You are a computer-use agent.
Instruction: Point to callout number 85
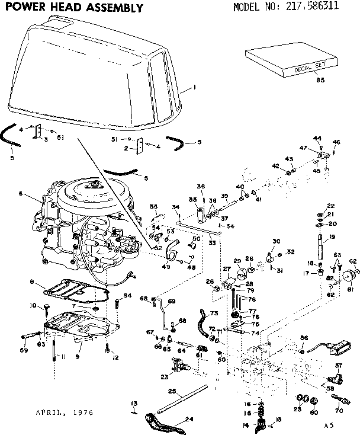pyautogui.click(x=320, y=80)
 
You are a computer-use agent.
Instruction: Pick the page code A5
pyautogui.click(x=329, y=424)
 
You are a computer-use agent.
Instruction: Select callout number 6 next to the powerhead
pyautogui.click(x=20, y=193)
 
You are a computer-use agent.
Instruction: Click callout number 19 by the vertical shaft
pyautogui.click(x=332, y=237)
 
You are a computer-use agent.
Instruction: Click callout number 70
pyautogui.click(x=339, y=410)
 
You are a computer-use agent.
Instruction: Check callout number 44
pyautogui.click(x=317, y=138)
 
